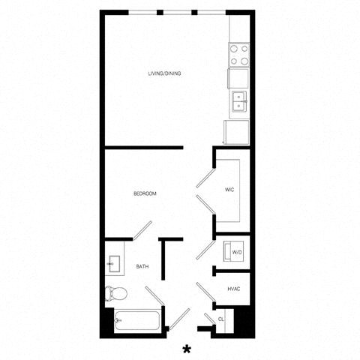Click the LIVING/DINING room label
(164, 73)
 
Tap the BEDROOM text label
(145, 194)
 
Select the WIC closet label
(230, 190)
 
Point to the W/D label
(236, 253)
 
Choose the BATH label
(142, 266)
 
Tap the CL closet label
(221, 319)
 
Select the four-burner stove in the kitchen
(239, 54)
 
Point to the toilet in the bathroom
(115, 293)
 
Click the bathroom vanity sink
(114, 263)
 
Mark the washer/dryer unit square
(236, 252)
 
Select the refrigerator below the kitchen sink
(235, 132)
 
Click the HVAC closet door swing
(204, 292)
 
